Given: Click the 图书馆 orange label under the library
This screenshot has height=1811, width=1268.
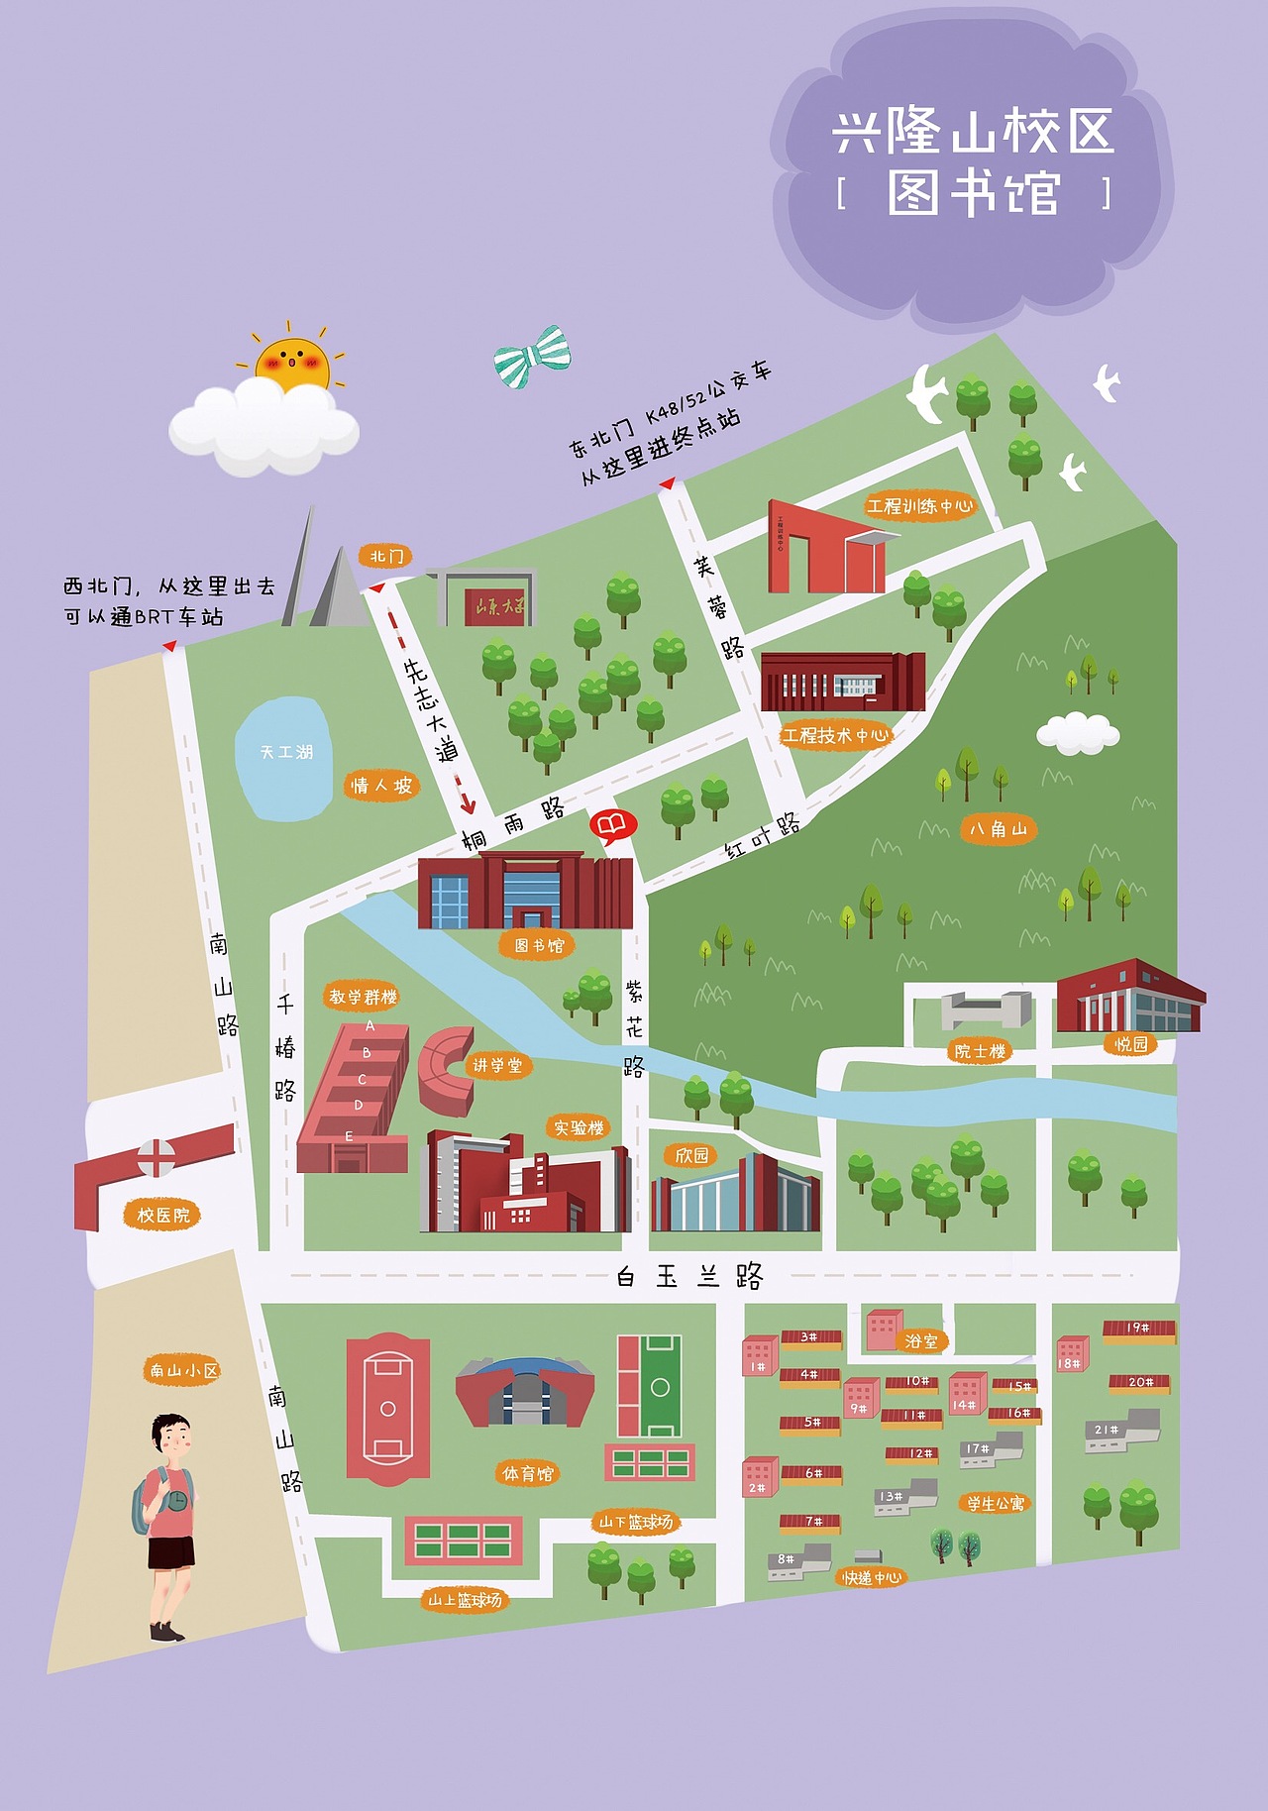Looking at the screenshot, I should tap(539, 945).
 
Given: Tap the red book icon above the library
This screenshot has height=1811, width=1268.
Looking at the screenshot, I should tap(612, 824).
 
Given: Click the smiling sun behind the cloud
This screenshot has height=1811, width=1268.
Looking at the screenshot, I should tap(292, 364).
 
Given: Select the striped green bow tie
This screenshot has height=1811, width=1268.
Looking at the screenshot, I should tap(533, 357).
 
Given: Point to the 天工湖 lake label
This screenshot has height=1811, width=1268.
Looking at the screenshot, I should tap(286, 752).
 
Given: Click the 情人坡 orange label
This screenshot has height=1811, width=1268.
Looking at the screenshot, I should tap(381, 786).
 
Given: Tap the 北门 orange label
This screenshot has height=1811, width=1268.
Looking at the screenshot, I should tap(385, 556).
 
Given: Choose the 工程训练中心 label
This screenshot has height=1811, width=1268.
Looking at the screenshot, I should tap(919, 506).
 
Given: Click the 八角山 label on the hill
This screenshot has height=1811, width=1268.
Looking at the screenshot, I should tap(998, 828).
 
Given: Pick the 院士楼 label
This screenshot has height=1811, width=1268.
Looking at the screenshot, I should tap(980, 1051).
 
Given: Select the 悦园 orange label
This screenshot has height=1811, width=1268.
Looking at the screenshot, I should tap(1130, 1043).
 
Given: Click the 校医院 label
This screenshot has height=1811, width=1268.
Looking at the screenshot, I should tap(162, 1215).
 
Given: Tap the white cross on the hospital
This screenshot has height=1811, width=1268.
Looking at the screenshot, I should tap(156, 1156).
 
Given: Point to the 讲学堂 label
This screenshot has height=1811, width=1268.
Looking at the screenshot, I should tap(497, 1065).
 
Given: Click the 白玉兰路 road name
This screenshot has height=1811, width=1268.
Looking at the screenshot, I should tap(689, 1276).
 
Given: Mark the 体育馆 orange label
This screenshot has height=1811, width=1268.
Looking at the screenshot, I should tap(528, 1473).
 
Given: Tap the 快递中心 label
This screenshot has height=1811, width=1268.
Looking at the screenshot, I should tap(872, 1577).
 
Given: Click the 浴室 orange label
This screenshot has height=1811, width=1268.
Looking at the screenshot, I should tap(921, 1340).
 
